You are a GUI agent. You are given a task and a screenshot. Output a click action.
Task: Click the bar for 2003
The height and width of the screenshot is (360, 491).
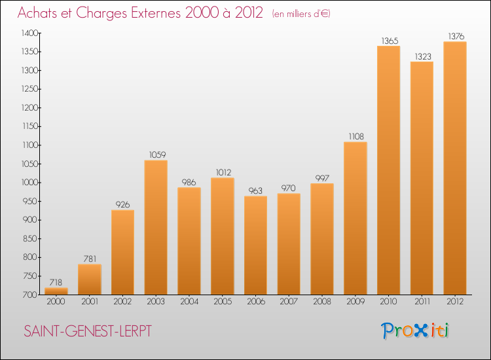click(156, 227)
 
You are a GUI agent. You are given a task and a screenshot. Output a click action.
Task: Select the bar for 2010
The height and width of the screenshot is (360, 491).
click(389, 170)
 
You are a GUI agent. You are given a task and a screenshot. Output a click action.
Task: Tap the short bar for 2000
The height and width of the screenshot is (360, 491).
click(56, 291)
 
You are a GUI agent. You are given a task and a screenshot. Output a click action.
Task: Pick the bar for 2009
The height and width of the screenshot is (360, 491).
click(355, 218)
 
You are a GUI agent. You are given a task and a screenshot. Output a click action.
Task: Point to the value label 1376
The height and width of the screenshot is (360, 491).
click(456, 36)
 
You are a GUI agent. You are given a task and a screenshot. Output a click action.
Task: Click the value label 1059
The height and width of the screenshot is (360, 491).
click(157, 154)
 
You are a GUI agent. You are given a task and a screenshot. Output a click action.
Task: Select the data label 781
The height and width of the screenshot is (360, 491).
click(90, 259)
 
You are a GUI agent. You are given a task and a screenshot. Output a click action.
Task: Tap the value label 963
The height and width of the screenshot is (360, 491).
click(255, 190)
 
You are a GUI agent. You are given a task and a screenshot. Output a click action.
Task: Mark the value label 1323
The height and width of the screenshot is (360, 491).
click(423, 56)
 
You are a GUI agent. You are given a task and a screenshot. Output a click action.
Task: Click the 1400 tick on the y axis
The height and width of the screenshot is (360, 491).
click(29, 33)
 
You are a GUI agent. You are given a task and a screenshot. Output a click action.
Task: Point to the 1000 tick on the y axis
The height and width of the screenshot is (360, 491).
click(29, 183)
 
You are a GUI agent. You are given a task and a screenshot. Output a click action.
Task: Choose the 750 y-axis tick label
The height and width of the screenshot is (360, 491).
click(31, 276)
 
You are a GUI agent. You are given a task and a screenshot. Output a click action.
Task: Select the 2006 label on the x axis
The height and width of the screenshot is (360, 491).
click(256, 302)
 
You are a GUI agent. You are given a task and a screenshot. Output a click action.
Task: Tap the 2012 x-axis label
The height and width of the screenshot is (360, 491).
click(455, 302)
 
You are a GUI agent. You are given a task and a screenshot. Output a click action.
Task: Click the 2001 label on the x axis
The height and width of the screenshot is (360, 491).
click(90, 302)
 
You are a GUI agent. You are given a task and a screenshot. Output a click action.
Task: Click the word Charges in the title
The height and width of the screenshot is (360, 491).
click(101, 14)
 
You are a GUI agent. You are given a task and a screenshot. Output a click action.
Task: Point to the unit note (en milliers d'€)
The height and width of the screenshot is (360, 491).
click(301, 14)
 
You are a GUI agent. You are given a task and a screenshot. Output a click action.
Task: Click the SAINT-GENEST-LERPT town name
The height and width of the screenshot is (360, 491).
click(88, 331)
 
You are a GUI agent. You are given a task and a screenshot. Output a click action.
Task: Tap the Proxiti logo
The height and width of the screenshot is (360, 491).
click(415, 331)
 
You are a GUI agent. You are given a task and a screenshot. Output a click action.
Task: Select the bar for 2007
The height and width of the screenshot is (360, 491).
click(289, 244)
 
